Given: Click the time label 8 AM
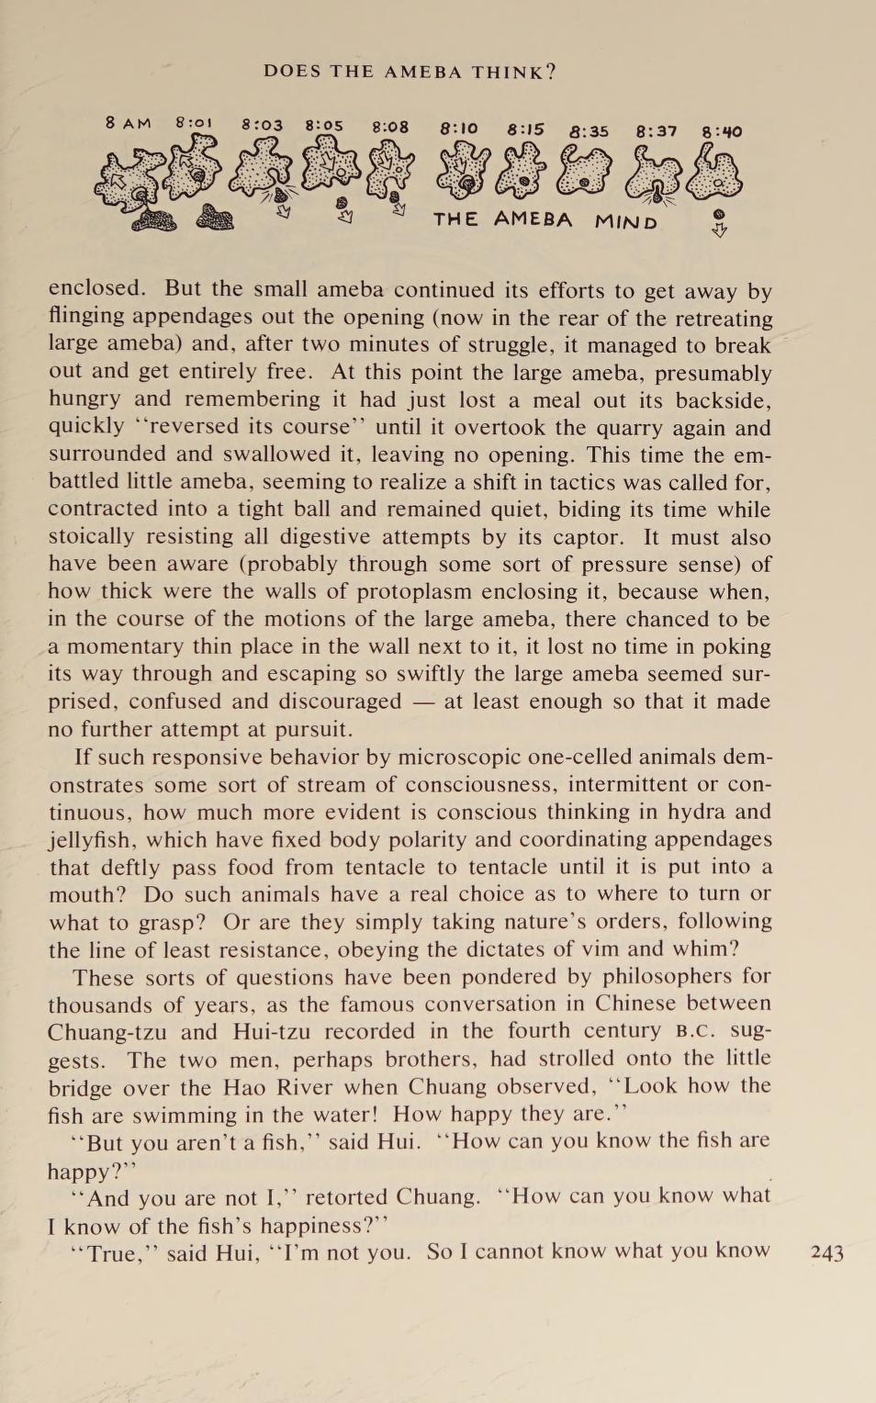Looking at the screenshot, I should coord(128,123).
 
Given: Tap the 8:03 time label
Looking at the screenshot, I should coord(263,125).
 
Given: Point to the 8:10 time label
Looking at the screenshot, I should coord(459,129).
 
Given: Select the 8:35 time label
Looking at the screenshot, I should coord(589,131).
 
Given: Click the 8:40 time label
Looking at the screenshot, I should coord(722,131).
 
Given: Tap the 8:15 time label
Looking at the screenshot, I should coord(525,129).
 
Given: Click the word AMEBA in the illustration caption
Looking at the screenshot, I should coord(533,219).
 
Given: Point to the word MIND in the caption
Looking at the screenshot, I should coord(625,222).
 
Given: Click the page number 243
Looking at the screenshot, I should coord(827,1253).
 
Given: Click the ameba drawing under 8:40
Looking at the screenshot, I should coord(715,174).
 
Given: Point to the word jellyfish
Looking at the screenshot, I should coord(93,840).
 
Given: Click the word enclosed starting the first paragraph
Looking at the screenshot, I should coord(96,288).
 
